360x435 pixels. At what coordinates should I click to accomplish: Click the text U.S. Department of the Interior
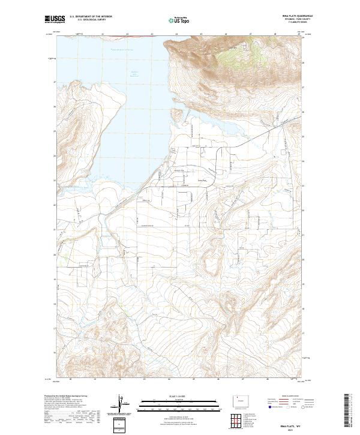(x=91, y=17)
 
